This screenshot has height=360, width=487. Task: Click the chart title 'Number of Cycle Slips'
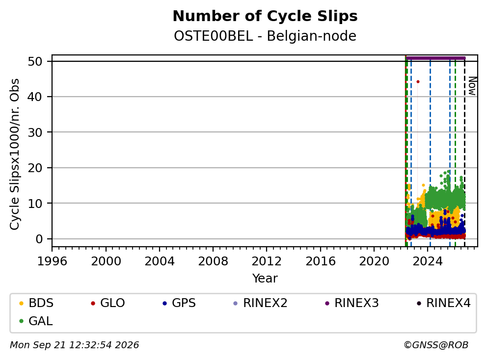pyautogui.click(x=265, y=16)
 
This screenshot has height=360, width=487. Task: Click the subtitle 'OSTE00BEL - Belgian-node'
pyautogui.click(x=265, y=36)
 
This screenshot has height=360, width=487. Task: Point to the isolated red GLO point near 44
pyautogui.click(x=418, y=82)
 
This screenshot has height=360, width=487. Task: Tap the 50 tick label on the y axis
pyautogui.click(x=35, y=61)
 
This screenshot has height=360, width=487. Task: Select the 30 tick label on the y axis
pyautogui.click(x=35, y=132)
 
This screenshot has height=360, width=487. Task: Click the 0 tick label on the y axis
pyautogui.click(x=39, y=239)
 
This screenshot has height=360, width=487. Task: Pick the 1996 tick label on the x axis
pyautogui.click(x=52, y=261)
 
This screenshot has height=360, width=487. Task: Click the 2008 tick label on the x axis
pyautogui.click(x=213, y=261)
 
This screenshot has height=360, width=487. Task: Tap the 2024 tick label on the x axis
pyautogui.click(x=428, y=261)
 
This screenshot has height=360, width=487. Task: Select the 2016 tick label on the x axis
pyautogui.click(x=320, y=261)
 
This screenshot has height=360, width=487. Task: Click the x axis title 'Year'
pyautogui.click(x=265, y=279)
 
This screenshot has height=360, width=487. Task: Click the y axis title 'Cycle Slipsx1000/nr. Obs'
pyautogui.click(x=14, y=154)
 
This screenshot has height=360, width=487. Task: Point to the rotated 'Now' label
pyautogui.click(x=472, y=86)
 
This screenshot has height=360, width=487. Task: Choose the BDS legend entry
pyautogui.click(x=36, y=303)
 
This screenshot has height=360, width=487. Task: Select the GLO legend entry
pyautogui.click(x=108, y=303)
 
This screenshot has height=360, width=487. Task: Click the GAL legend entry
pyautogui.click(x=36, y=321)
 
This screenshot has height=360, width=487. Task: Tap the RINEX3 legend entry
pyautogui.click(x=352, y=303)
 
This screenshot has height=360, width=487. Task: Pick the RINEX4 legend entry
pyautogui.click(x=443, y=303)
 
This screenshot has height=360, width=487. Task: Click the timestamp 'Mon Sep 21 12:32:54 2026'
pyautogui.click(x=75, y=345)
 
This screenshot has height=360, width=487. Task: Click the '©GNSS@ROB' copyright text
pyautogui.click(x=436, y=345)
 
